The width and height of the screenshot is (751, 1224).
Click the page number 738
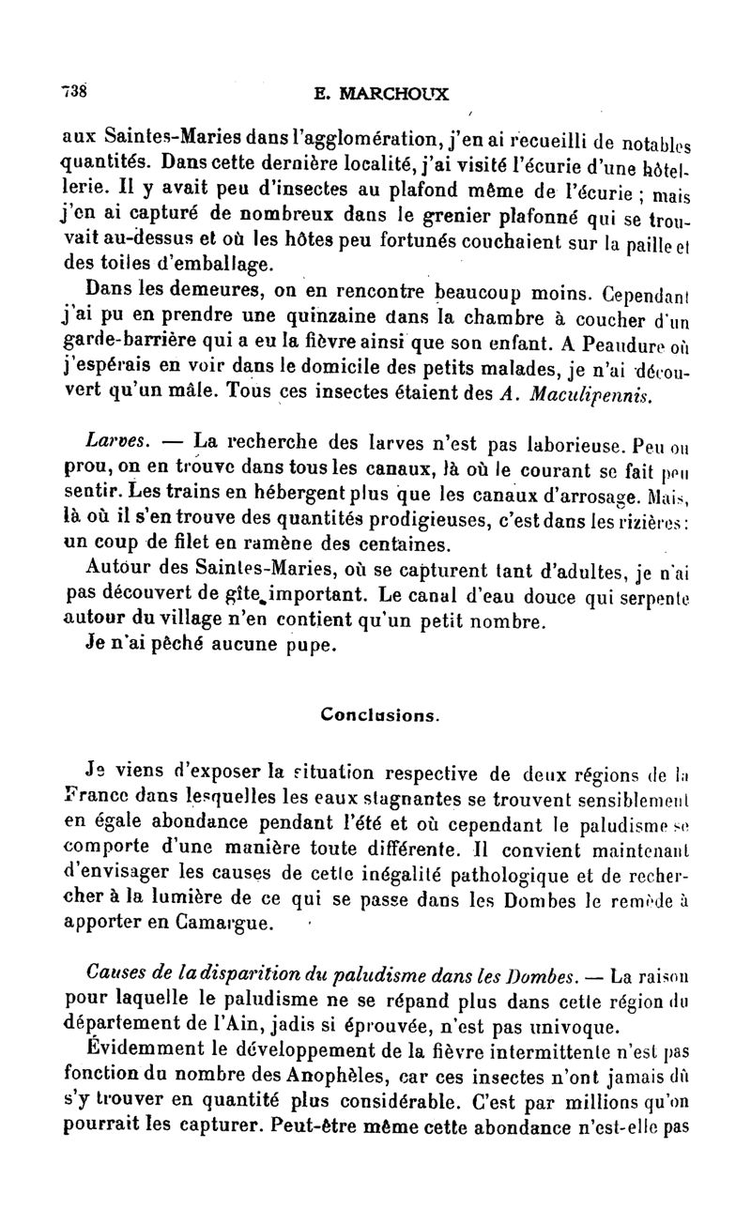[x=74, y=90]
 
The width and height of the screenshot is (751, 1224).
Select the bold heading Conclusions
[x=378, y=713]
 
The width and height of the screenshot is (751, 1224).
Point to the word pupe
[x=285, y=646]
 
